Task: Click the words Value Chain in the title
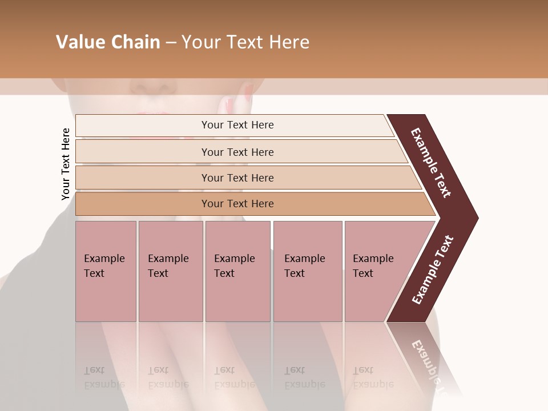[x=108, y=42]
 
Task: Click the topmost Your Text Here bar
[x=237, y=125]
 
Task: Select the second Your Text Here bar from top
[x=237, y=152]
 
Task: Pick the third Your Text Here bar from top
[x=237, y=178]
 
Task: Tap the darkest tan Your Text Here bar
[x=237, y=204]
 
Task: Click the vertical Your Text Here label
[x=66, y=164]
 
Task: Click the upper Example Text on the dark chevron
[x=432, y=163]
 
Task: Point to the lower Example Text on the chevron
[x=433, y=269]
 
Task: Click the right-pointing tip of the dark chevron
[x=475, y=217]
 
